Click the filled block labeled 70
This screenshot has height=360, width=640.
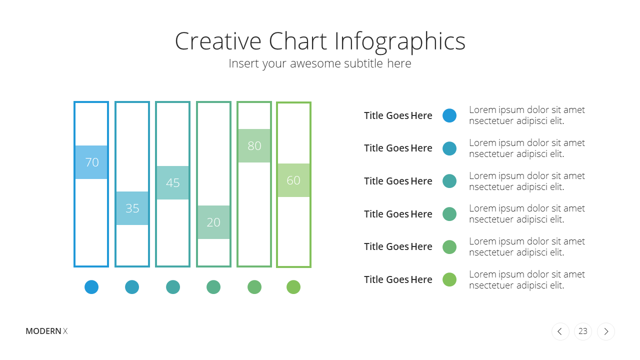[91, 162]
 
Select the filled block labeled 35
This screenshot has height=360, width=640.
[132, 208]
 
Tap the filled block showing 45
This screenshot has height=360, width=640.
[173, 182]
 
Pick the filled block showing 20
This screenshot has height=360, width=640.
[213, 222]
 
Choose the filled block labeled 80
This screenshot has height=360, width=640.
[254, 145]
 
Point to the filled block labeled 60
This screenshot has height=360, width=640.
[293, 180]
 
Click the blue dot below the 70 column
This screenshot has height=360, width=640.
[91, 287]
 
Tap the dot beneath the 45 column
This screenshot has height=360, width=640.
[173, 287]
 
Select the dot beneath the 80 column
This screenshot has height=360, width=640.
[254, 287]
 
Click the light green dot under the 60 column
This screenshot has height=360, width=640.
[293, 287]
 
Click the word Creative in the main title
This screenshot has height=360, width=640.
[218, 41]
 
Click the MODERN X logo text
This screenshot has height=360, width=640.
[46, 331]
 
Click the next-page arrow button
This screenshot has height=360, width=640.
[606, 331]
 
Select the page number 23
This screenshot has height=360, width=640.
[583, 331]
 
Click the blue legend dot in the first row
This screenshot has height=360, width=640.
[449, 115]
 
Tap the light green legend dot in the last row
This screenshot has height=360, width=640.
[449, 279]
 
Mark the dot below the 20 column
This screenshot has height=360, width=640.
[213, 287]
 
